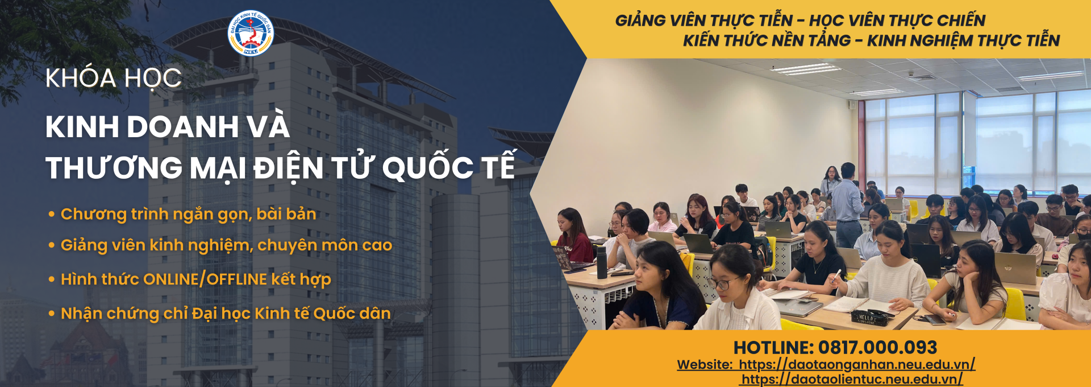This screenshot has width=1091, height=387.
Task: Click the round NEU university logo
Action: point(251,33)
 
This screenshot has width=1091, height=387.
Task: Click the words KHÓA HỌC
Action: point(114,79)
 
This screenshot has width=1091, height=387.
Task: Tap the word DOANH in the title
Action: point(183,126)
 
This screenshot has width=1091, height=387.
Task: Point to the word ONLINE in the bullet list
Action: point(171,279)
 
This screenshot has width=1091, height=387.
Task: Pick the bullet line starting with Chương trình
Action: point(182,215)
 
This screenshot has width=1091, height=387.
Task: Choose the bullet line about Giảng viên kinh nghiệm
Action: point(220,245)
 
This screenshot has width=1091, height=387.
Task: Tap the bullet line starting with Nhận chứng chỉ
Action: point(220,314)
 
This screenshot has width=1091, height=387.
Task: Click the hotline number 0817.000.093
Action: point(877,347)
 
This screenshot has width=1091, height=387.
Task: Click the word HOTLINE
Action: point(774,347)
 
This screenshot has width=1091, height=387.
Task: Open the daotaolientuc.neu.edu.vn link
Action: point(852,379)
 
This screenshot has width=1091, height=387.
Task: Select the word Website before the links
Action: point(705,364)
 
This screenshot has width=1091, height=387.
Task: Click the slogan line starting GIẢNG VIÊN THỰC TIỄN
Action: point(800,20)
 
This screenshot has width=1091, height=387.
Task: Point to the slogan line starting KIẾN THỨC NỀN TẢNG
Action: point(872,40)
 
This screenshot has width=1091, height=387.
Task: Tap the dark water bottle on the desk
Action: point(602,262)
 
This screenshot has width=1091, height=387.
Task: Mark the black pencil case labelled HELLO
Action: point(869,318)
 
